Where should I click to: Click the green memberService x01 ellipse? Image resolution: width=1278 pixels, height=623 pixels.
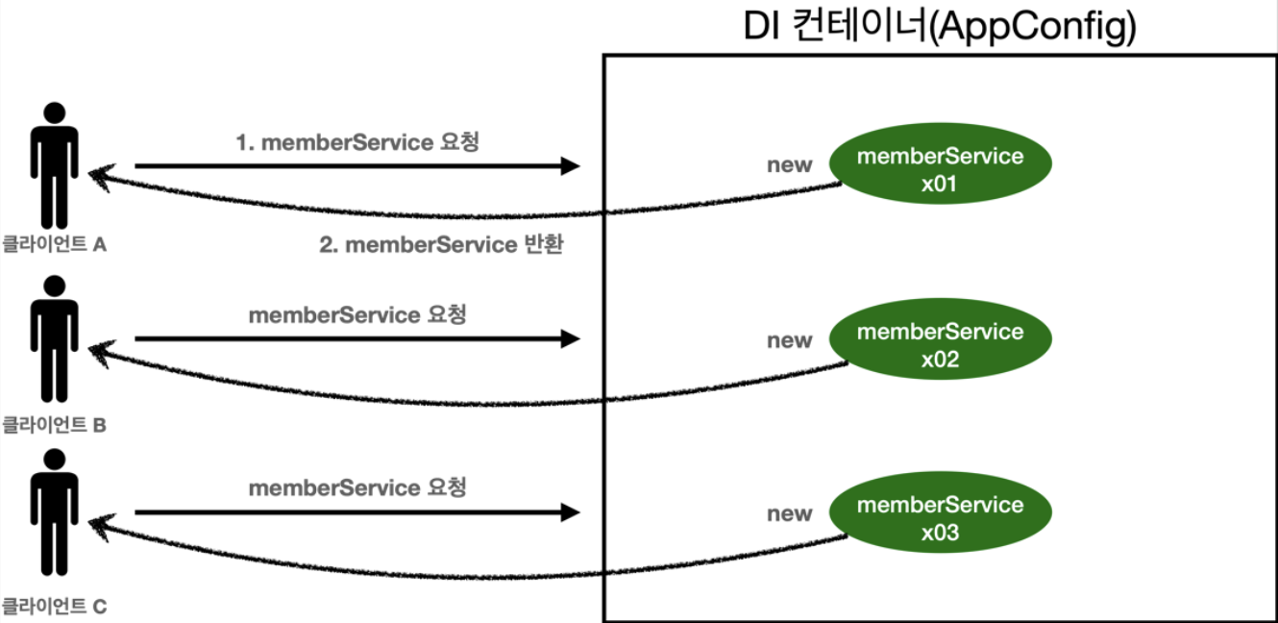coord(940,169)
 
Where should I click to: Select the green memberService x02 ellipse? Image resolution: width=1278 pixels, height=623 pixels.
coord(940,344)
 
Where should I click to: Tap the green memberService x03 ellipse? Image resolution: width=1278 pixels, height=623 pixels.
coord(940,517)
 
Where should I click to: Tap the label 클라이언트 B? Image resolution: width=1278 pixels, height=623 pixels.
coord(54,422)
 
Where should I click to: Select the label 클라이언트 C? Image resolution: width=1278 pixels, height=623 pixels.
coord(54,607)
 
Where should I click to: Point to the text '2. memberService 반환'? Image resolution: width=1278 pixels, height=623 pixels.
coord(440,244)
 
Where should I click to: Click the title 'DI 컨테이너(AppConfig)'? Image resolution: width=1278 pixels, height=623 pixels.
coord(940,28)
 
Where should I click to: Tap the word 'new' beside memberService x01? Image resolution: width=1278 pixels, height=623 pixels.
coord(789,165)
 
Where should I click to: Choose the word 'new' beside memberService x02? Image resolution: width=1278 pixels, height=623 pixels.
coord(789,340)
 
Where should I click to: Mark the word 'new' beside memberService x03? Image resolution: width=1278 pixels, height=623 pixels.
coord(789,513)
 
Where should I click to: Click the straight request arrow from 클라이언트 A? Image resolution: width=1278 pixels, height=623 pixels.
coord(356,166)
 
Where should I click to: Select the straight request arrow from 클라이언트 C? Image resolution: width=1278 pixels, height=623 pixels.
coord(356,512)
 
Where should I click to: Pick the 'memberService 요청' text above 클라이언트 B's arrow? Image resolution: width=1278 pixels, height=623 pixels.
coord(357,314)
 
